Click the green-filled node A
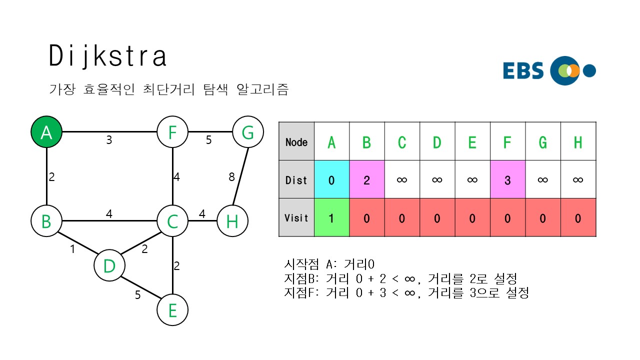46,133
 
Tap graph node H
232,220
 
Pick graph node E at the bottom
172,310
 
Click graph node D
109,266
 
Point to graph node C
172,220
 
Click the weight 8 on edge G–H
231,176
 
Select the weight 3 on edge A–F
109,140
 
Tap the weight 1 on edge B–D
72,248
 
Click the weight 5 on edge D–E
138,295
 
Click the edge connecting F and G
210,132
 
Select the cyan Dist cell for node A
331,179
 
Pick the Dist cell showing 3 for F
507,179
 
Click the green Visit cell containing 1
331,217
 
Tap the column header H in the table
578,142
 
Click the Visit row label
296,217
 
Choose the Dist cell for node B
366,179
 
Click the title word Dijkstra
108,56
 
